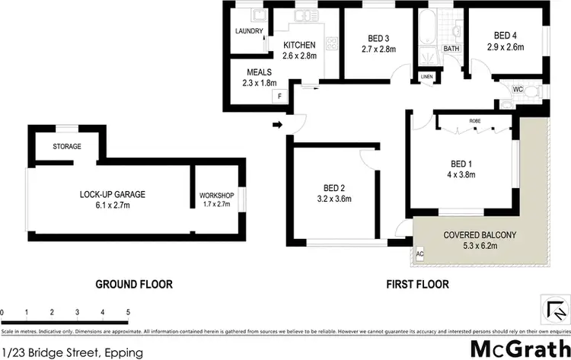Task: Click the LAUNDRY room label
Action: click(249, 32)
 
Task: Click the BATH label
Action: click(451, 49)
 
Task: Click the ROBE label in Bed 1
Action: click(474, 121)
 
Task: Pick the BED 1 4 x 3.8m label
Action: click(462, 168)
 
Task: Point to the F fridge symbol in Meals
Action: click(279, 96)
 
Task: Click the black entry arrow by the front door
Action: click(278, 124)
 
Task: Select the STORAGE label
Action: click(67, 146)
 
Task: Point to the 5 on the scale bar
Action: click(127, 312)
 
